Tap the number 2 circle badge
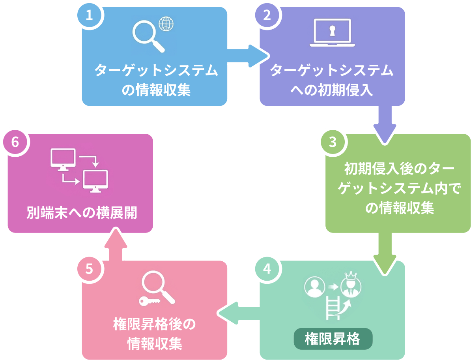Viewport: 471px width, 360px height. [x=267, y=16]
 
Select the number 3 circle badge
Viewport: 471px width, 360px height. [x=333, y=142]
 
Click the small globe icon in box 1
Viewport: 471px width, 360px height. [x=166, y=24]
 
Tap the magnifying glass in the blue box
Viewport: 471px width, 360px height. [x=147, y=36]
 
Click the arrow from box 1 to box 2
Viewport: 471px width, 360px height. [x=247, y=54]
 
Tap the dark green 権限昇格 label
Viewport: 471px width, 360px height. [x=333, y=339]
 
